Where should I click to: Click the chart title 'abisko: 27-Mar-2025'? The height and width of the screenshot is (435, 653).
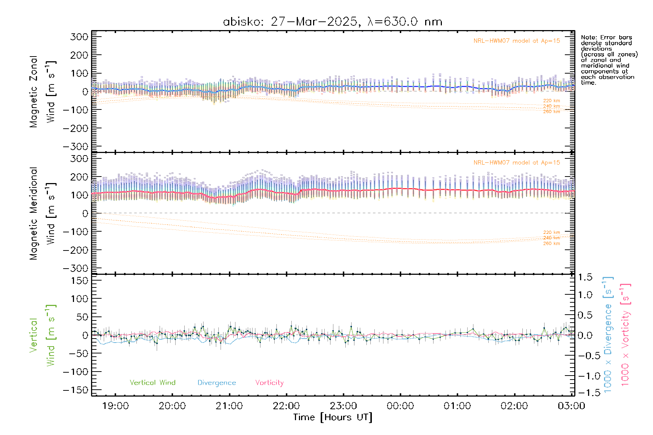point(290,22)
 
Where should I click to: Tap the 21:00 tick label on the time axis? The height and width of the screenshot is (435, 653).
point(229,406)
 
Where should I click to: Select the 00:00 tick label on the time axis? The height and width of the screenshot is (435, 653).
point(400,406)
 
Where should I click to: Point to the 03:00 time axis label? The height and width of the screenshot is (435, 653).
point(571,406)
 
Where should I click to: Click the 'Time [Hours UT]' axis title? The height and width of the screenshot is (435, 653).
point(333,417)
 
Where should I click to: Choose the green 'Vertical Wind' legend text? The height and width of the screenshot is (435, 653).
point(152,382)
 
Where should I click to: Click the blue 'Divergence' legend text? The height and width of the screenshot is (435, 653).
point(217,383)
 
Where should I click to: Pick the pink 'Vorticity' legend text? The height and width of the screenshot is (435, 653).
point(269,382)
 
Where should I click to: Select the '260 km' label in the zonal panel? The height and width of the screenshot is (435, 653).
point(551,112)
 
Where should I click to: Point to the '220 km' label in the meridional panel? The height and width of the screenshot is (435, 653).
point(551,232)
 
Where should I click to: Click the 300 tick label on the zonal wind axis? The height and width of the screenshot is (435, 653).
point(79,37)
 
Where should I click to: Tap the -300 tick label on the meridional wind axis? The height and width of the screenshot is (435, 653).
point(76,268)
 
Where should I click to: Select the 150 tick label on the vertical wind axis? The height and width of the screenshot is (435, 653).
point(79,281)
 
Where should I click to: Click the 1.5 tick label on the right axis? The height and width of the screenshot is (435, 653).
point(585,277)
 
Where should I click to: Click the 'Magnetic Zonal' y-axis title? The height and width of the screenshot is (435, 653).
point(34,92)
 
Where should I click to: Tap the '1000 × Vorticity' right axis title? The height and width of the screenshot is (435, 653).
point(625,334)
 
